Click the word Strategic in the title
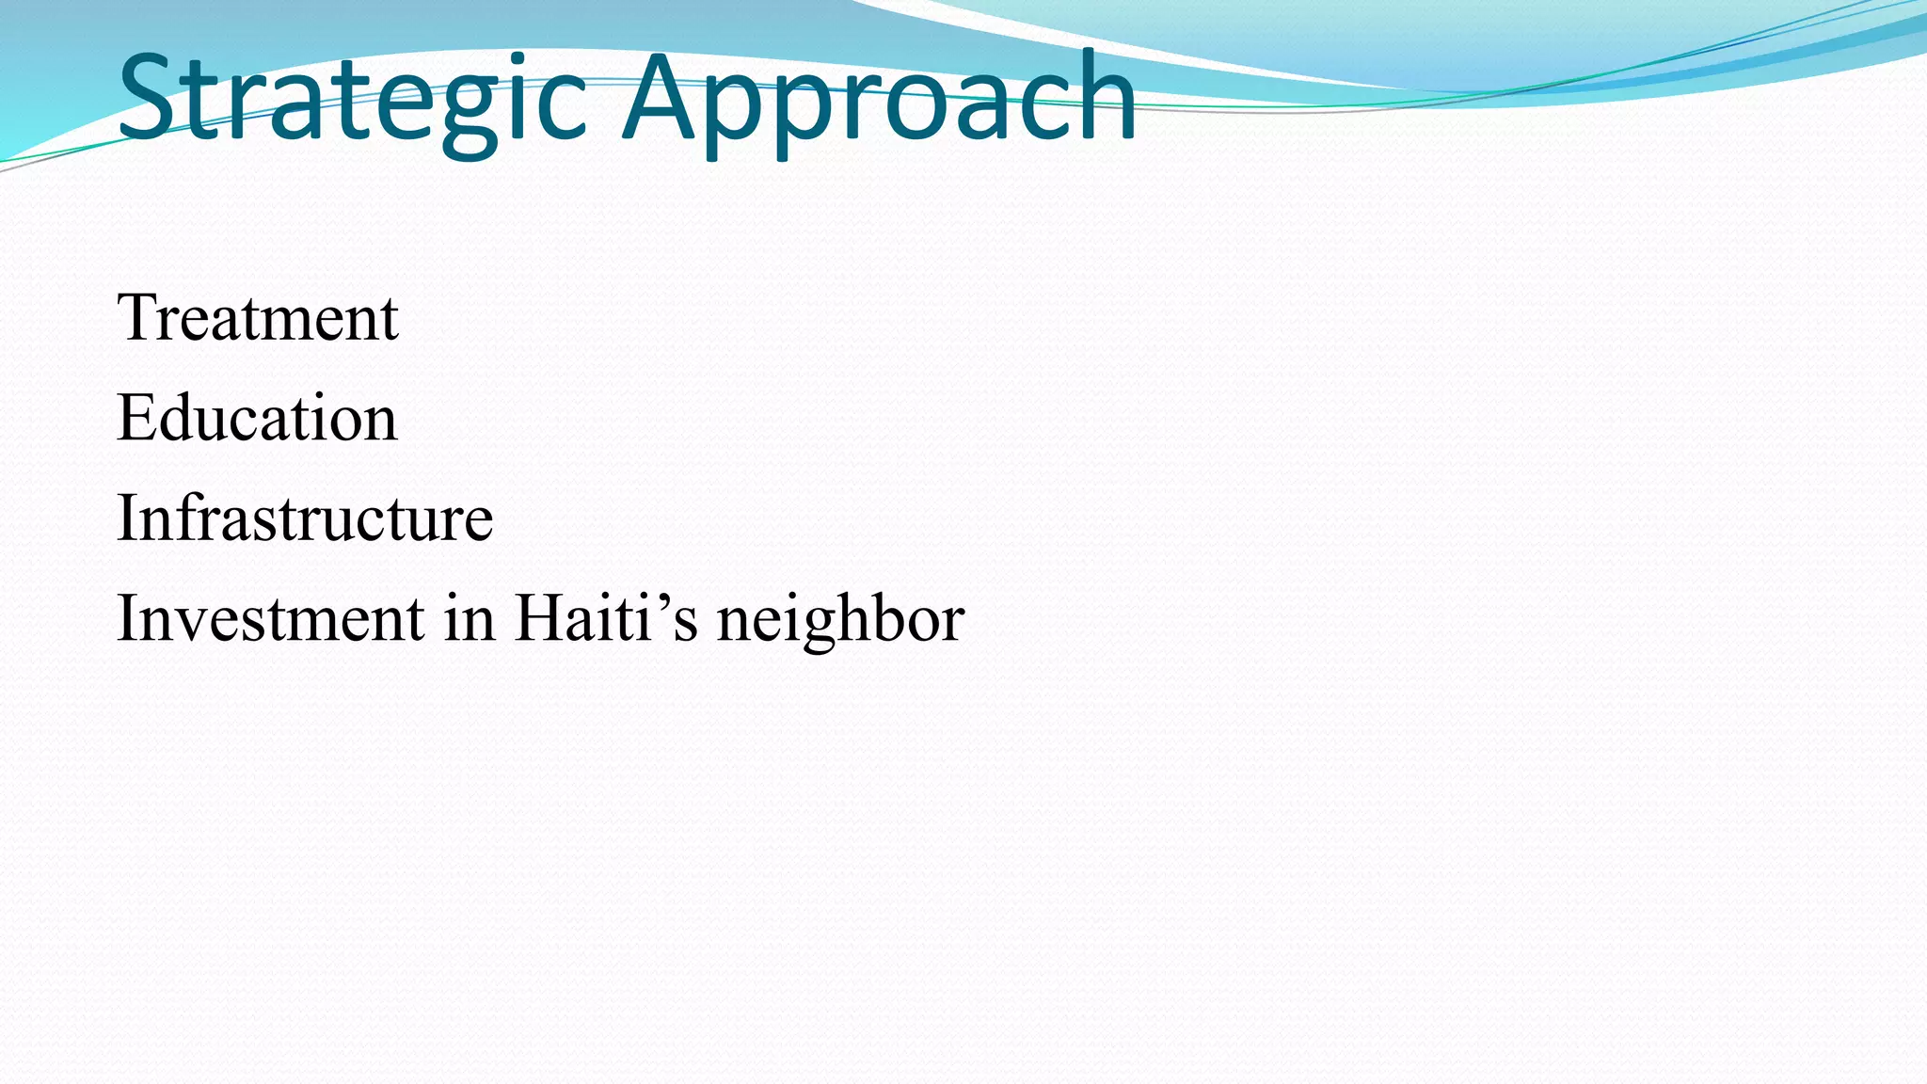[x=353, y=99]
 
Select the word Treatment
[x=258, y=318]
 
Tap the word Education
[x=257, y=418]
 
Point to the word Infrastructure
[x=305, y=518]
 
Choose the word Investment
[x=271, y=619]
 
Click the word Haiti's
[x=606, y=619]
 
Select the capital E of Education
[x=135, y=418]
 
